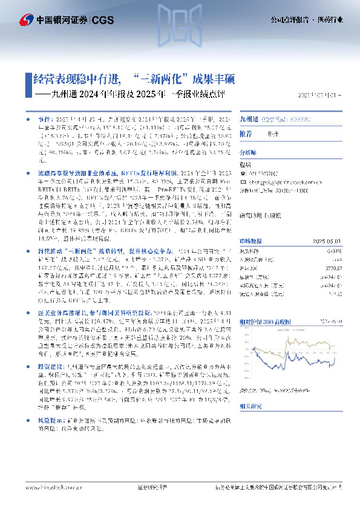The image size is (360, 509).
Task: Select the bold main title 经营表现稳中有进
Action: coord(72,79)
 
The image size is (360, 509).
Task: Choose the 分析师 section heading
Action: coord(248,154)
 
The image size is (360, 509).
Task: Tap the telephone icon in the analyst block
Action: coord(243,173)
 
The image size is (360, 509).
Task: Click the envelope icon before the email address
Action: coord(243,181)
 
